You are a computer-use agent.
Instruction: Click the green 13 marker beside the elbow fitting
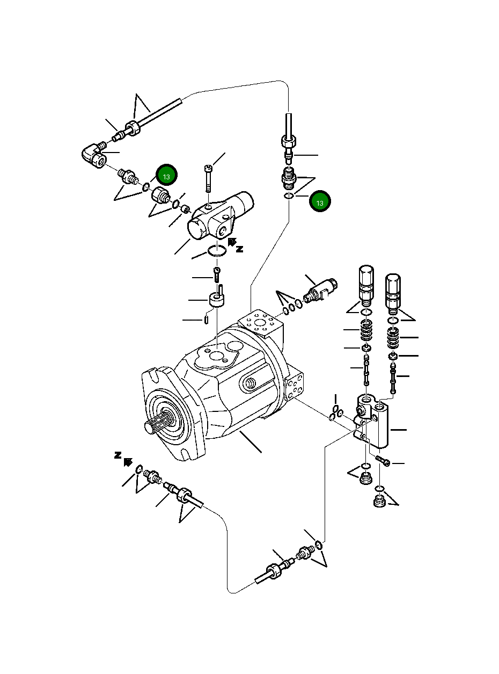166,176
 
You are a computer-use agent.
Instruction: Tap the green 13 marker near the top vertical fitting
320,202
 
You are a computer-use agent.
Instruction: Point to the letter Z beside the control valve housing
240,249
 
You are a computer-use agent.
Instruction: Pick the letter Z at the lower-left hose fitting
118,455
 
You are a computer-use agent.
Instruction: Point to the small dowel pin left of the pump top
207,320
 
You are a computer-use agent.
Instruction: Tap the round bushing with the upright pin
216,299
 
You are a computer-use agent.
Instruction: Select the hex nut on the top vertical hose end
289,142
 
